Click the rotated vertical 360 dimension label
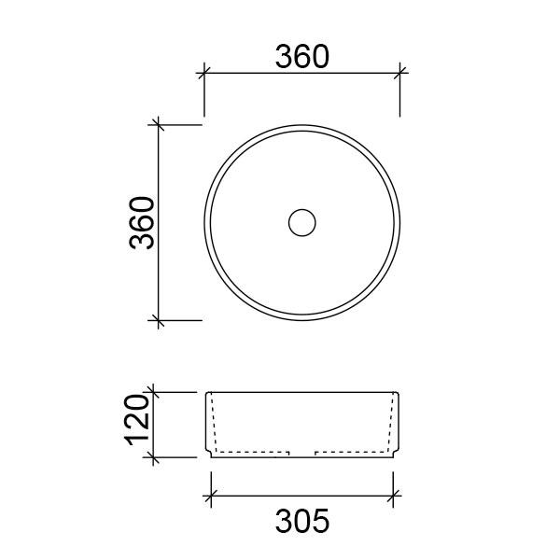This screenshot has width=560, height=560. pyautogui.click(x=142, y=222)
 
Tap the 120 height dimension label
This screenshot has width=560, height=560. pyautogui.click(x=136, y=425)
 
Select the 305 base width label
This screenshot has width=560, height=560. pyautogui.click(x=301, y=521)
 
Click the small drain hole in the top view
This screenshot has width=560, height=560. pyautogui.click(x=301, y=222)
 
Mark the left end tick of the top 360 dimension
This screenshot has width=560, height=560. pyautogui.click(x=204, y=71)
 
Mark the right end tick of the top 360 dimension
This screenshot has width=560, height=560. pyautogui.click(x=399, y=71)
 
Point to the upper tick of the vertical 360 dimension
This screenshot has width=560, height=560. pyautogui.click(x=160, y=124)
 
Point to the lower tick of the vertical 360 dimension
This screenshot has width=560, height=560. pyautogui.click(x=160, y=320)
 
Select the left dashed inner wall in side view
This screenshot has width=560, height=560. pyautogui.click(x=216, y=425)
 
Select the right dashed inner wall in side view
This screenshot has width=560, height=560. pyautogui.click(x=389, y=425)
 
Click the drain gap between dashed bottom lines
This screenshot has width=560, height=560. pyautogui.click(x=302, y=454)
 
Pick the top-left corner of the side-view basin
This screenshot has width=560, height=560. pyautogui.click(x=205, y=393)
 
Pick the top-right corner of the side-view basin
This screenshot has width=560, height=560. pyautogui.click(x=399, y=393)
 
